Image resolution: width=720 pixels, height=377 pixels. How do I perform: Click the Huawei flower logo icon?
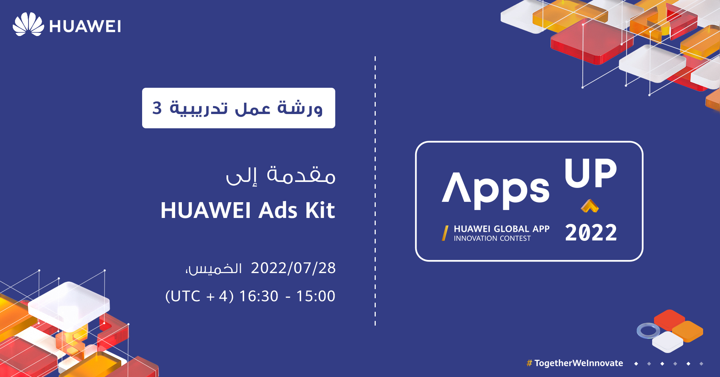(x=28, y=24)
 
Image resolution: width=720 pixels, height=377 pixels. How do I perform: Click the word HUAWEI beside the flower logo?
(x=85, y=27)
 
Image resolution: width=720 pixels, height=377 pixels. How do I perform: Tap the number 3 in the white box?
(x=157, y=108)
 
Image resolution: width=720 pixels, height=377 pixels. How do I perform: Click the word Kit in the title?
(x=320, y=210)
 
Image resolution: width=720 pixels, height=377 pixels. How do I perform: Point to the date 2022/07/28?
(x=293, y=268)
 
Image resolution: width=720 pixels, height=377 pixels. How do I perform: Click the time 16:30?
(x=259, y=296)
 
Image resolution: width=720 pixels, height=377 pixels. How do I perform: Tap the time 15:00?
(x=316, y=296)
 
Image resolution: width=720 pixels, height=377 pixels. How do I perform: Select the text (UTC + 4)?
(x=199, y=296)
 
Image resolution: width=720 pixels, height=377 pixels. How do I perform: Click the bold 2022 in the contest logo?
(x=591, y=233)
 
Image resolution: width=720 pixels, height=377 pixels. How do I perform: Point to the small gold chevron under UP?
(x=590, y=206)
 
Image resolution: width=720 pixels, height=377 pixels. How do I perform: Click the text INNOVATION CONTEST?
(x=492, y=239)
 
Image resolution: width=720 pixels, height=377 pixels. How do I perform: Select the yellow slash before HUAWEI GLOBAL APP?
(x=445, y=233)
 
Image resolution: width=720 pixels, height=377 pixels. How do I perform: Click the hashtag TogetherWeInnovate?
(x=575, y=363)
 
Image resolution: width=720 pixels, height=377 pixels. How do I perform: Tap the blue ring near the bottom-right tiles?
(x=648, y=331)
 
